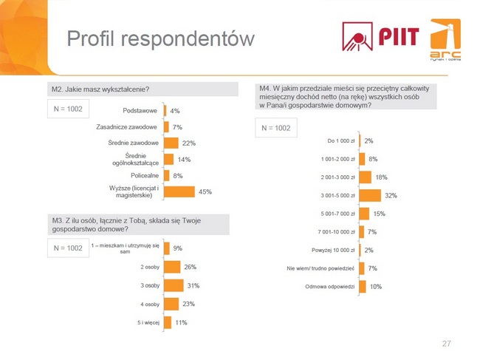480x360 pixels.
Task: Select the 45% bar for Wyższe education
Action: click(179, 191)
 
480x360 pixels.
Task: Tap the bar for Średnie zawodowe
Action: click(171, 143)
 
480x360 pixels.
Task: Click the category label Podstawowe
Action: click(140, 110)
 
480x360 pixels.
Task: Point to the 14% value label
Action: click(184, 159)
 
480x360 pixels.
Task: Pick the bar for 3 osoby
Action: click(174, 285)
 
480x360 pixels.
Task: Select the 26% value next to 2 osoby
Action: click(189, 267)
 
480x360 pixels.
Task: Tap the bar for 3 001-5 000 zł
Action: click(370, 195)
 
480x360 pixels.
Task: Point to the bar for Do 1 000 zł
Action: click(360, 140)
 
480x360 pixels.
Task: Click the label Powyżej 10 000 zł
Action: click(330, 250)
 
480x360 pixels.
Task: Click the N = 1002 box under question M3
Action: click(68, 248)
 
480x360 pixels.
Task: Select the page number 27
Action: click(445, 343)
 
